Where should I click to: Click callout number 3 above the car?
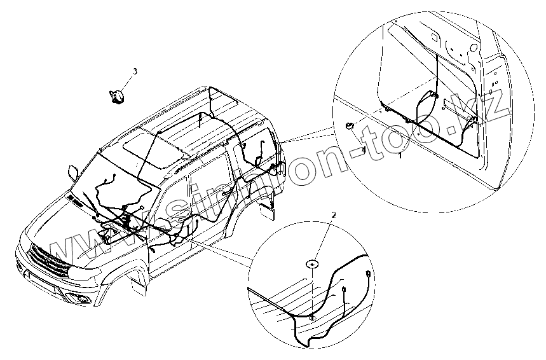tap(134, 70)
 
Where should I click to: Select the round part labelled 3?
tap(116, 95)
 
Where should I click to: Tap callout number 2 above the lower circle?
tap(333, 215)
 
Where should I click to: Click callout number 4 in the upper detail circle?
tap(364, 150)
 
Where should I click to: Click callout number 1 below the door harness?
tap(400, 155)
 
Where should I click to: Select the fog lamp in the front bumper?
tap(79, 299)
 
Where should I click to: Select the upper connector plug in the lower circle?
tap(369, 275)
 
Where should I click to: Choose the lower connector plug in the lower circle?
tap(343, 291)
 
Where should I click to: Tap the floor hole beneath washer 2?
tap(313, 316)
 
